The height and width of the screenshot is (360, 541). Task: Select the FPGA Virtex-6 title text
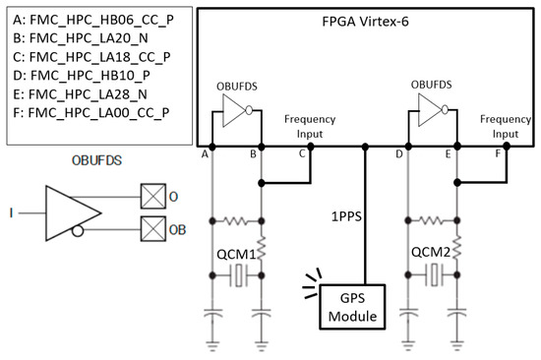pyautogui.click(x=366, y=22)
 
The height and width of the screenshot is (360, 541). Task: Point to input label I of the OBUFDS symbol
pyautogui.click(x=9, y=211)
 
